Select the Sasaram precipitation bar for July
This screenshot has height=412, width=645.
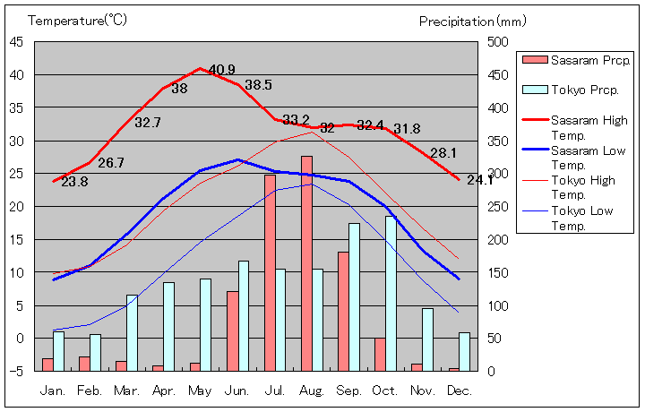[x=270, y=272]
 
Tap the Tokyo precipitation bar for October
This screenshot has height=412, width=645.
[x=391, y=293]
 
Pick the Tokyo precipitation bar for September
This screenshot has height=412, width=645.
[x=354, y=296]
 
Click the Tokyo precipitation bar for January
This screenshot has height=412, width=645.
[x=59, y=350]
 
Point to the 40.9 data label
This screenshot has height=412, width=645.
[x=221, y=70]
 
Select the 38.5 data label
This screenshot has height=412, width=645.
[x=258, y=85]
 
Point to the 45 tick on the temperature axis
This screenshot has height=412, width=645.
[x=18, y=41]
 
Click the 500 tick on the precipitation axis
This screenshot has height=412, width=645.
[x=499, y=41]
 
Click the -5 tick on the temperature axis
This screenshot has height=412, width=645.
[x=18, y=371]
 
